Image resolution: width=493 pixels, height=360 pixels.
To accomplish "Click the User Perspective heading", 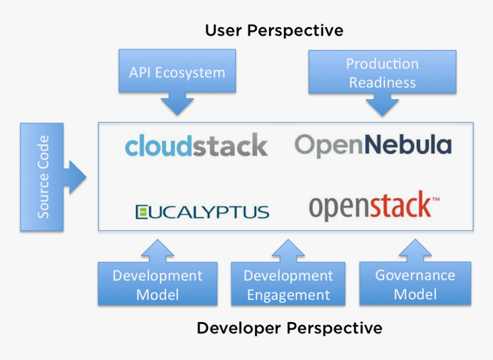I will tap(274, 30).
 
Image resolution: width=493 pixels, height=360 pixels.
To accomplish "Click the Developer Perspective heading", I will tap(289, 328).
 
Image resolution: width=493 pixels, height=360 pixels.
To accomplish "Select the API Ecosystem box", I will tap(177, 72).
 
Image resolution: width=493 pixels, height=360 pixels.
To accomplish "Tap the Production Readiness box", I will tap(382, 72).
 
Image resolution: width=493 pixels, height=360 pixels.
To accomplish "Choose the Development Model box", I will tap(157, 284).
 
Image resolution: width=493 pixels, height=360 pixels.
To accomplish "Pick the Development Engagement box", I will tap(288, 284).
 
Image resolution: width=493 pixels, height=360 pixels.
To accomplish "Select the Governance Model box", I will tap(415, 284).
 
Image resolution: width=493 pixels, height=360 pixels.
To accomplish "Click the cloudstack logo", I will tap(196, 146).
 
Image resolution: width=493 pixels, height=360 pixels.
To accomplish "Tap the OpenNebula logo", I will tap(373, 145).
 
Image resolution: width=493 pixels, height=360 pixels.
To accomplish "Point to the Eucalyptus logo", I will tap(202, 212).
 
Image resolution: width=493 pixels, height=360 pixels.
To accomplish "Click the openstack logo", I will tap(369, 207).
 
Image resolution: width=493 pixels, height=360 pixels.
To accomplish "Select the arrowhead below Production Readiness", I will tap(382, 105).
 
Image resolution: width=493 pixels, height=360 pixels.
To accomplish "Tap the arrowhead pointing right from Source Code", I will tap(77, 177).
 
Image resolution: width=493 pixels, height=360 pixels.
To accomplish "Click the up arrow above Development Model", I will tap(157, 250).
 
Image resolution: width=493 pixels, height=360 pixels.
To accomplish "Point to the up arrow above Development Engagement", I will tap(288, 250).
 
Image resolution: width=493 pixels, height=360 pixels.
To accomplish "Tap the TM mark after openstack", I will tap(435, 199).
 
